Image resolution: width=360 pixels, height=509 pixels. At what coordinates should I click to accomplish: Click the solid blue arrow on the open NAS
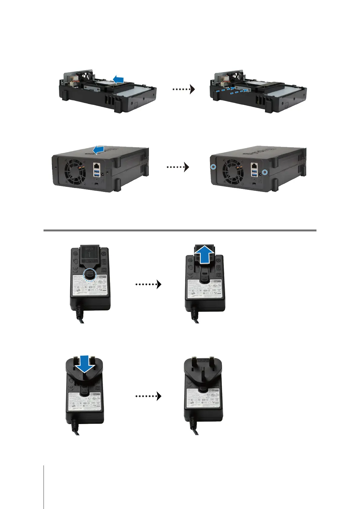(x=118, y=79)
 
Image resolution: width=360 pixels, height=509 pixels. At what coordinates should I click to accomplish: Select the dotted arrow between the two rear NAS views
(x=178, y=167)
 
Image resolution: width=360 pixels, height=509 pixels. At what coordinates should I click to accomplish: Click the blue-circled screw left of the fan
(x=213, y=167)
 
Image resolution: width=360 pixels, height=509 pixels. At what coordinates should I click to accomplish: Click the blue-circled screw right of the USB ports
(x=265, y=172)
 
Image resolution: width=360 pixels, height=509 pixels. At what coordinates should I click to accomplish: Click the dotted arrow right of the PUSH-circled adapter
(x=148, y=284)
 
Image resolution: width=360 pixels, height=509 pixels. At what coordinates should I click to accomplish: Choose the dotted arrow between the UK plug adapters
(x=148, y=396)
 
